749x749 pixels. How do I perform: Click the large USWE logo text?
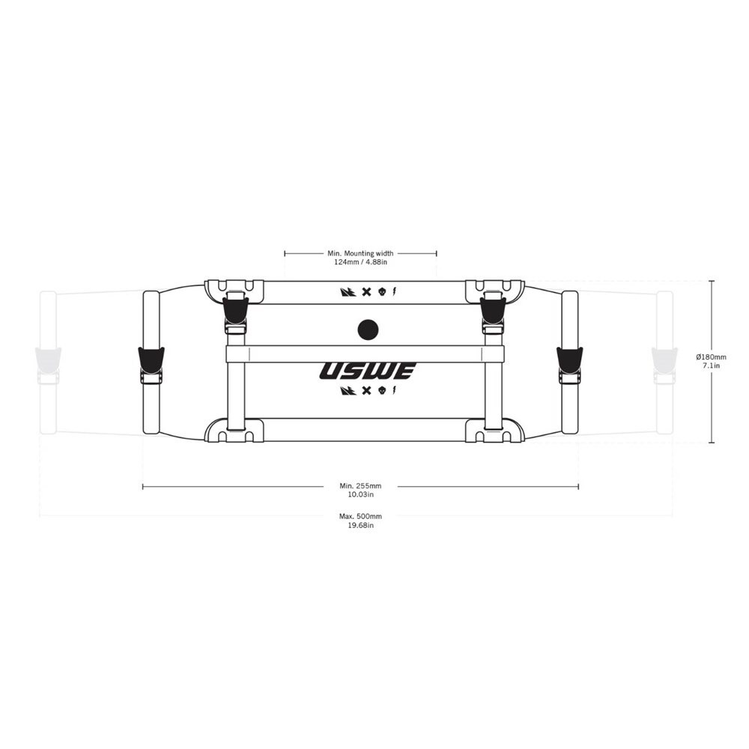pos(368,371)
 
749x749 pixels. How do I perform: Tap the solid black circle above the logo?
pos(368,329)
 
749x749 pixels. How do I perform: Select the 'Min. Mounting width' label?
pos(361,253)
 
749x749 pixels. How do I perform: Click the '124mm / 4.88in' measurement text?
pos(361,262)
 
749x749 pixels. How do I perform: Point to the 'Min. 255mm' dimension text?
pos(361,486)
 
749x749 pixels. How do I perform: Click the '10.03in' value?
pos(361,495)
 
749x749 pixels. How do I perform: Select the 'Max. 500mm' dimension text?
pos(361,516)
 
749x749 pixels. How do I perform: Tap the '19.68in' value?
pos(361,526)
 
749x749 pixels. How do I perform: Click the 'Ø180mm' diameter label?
pos(712,357)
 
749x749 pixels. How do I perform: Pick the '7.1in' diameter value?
pos(712,366)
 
